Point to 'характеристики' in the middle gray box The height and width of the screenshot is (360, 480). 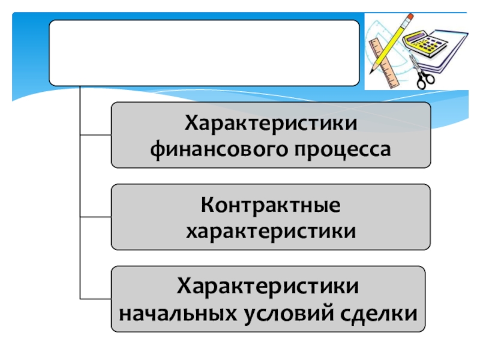270,231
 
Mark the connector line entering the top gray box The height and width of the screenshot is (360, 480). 95,134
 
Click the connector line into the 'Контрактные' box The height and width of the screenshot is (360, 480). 95,217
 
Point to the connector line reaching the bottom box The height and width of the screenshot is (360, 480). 95,299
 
